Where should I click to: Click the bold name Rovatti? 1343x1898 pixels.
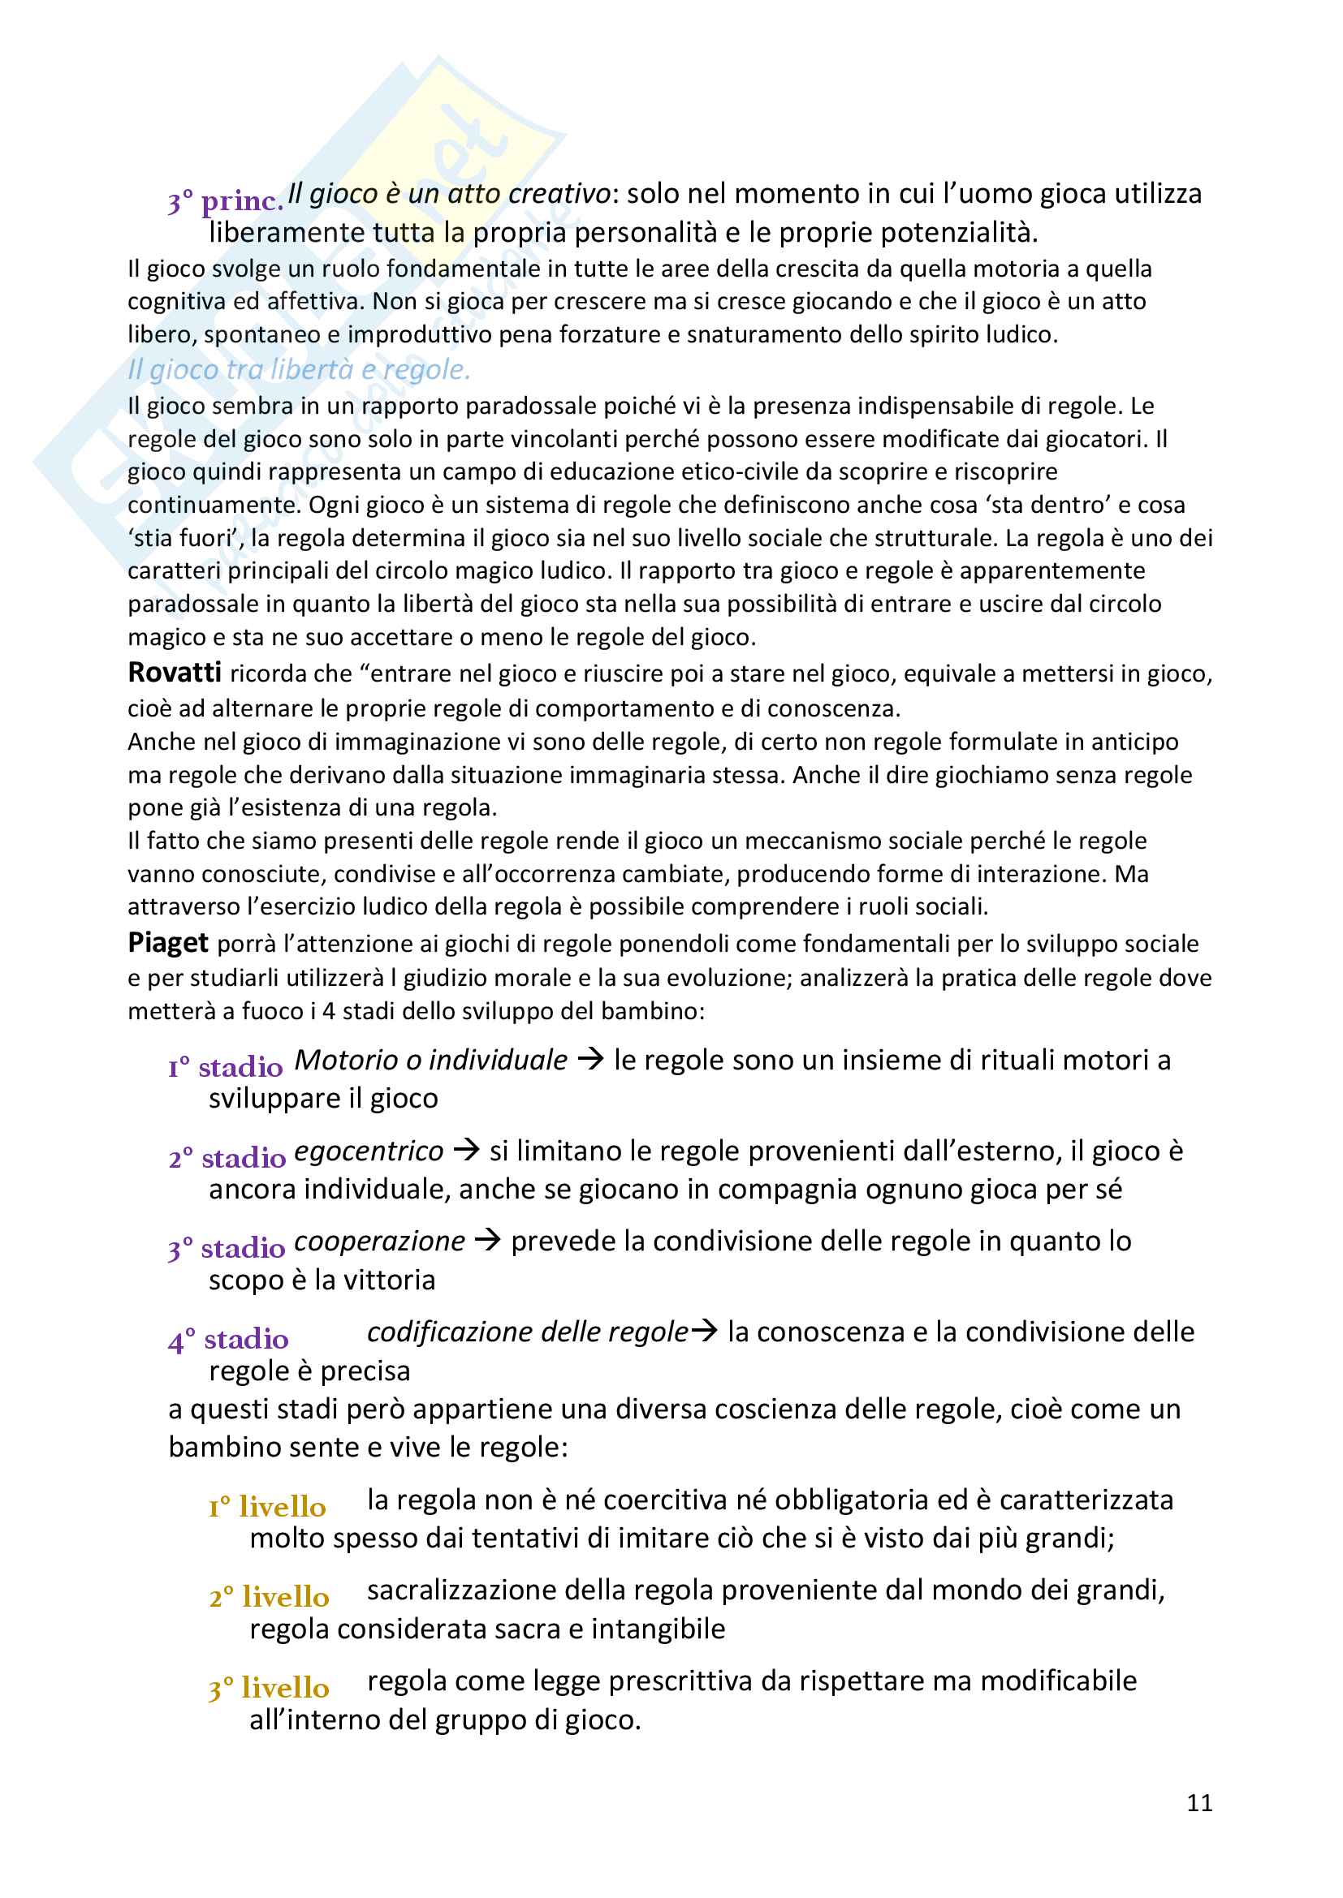175,673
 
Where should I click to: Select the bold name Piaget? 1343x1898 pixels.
168,942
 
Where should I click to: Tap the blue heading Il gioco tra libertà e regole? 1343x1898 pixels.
300,369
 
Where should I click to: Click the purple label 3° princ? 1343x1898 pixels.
226,201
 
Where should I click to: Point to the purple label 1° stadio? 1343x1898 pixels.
225,1067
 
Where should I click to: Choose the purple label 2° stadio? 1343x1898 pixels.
227,1157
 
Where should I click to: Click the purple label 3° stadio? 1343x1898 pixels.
227,1247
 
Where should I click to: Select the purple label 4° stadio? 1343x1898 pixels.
228,1338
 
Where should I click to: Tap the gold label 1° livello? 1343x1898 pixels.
267,1506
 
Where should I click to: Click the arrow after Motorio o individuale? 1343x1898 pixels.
590,1059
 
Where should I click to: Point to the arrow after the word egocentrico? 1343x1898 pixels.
467,1150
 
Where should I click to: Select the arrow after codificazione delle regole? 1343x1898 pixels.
705,1331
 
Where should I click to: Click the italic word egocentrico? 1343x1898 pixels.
369,1151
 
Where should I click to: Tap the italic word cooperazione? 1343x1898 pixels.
379,1241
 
